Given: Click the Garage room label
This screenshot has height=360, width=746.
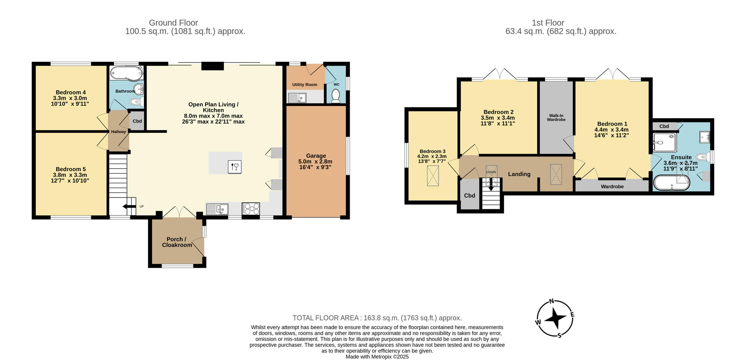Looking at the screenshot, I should coord(315,156).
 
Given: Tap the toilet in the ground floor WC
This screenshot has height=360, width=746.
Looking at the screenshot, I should coord(336,96).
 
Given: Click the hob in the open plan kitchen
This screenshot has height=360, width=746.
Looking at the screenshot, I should coord(251,209).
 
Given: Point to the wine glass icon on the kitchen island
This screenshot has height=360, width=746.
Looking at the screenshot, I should coord(235,167).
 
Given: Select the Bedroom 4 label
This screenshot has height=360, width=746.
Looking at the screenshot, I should coord(71,92).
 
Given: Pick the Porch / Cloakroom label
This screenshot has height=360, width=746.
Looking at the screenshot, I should coord(177,242).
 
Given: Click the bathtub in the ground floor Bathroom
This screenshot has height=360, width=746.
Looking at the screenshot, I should coord(126,73).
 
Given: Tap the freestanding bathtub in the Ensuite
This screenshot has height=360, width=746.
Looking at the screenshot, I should coord(671,183).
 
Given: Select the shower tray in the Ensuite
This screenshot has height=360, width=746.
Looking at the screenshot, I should coord(665,143).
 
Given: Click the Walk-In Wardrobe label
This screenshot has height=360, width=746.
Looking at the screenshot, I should coord(556,118).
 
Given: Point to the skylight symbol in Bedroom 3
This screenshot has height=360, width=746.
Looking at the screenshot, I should coord(432,176).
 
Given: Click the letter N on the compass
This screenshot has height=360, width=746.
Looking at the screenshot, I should coord(551,301).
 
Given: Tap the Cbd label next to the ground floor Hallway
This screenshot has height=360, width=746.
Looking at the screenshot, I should coord(137,121).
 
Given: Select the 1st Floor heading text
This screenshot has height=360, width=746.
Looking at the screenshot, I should coord(548,23).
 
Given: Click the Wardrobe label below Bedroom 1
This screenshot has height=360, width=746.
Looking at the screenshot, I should coord(612,187).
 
